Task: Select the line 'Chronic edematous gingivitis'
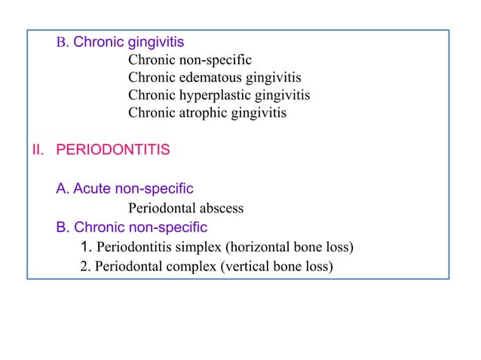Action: tap(214, 78)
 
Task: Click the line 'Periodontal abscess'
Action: tap(185, 208)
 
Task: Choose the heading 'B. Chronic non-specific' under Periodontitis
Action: tap(131, 227)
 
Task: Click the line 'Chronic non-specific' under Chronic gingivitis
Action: tap(189, 59)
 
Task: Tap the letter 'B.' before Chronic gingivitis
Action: tap(63, 41)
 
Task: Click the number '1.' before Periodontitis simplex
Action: tap(86, 247)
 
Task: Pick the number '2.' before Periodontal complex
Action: tap(86, 266)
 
